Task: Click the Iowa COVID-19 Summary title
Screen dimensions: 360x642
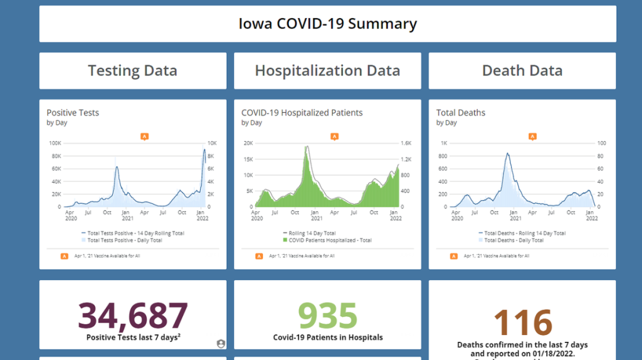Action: pyautogui.click(x=327, y=24)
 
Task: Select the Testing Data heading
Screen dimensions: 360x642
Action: pyautogui.click(x=132, y=71)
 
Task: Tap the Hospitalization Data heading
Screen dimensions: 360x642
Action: pyautogui.click(x=327, y=71)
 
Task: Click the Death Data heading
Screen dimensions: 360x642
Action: pyautogui.click(x=522, y=71)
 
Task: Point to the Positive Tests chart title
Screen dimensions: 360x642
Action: pyautogui.click(x=73, y=113)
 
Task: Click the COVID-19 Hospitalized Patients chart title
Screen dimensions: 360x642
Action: pyautogui.click(x=302, y=113)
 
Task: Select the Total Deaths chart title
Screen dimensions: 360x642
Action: pyautogui.click(x=461, y=113)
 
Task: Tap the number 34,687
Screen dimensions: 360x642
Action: pyautogui.click(x=132, y=315)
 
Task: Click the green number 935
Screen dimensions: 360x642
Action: pyautogui.click(x=327, y=315)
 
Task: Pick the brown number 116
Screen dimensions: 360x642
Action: pyautogui.click(x=522, y=323)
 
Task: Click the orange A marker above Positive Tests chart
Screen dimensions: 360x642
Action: pyautogui.click(x=144, y=136)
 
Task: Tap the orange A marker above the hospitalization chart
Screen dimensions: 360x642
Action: pyautogui.click(x=334, y=136)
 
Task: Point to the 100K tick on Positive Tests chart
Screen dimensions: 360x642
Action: pyautogui.click(x=55, y=143)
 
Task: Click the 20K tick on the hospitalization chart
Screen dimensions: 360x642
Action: pyautogui.click(x=248, y=143)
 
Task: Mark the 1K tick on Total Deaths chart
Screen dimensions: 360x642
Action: pyautogui.click(x=444, y=143)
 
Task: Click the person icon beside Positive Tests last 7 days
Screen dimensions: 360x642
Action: pyautogui.click(x=220, y=343)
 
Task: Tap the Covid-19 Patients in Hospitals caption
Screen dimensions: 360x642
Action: pyautogui.click(x=327, y=337)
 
